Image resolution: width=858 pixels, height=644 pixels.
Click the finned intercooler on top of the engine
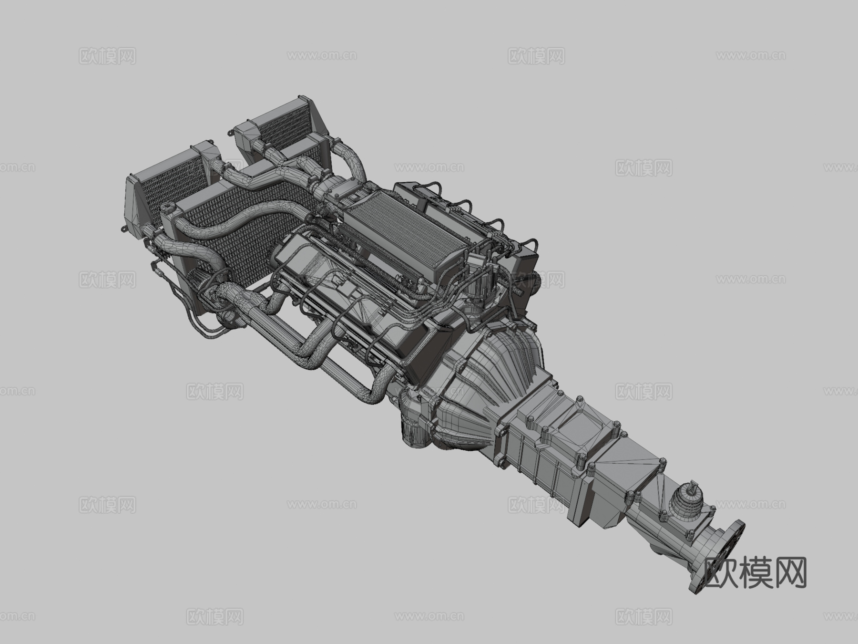pyautogui.click(x=403, y=234)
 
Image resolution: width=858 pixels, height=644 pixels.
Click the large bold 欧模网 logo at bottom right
pyautogui.click(x=756, y=572)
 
